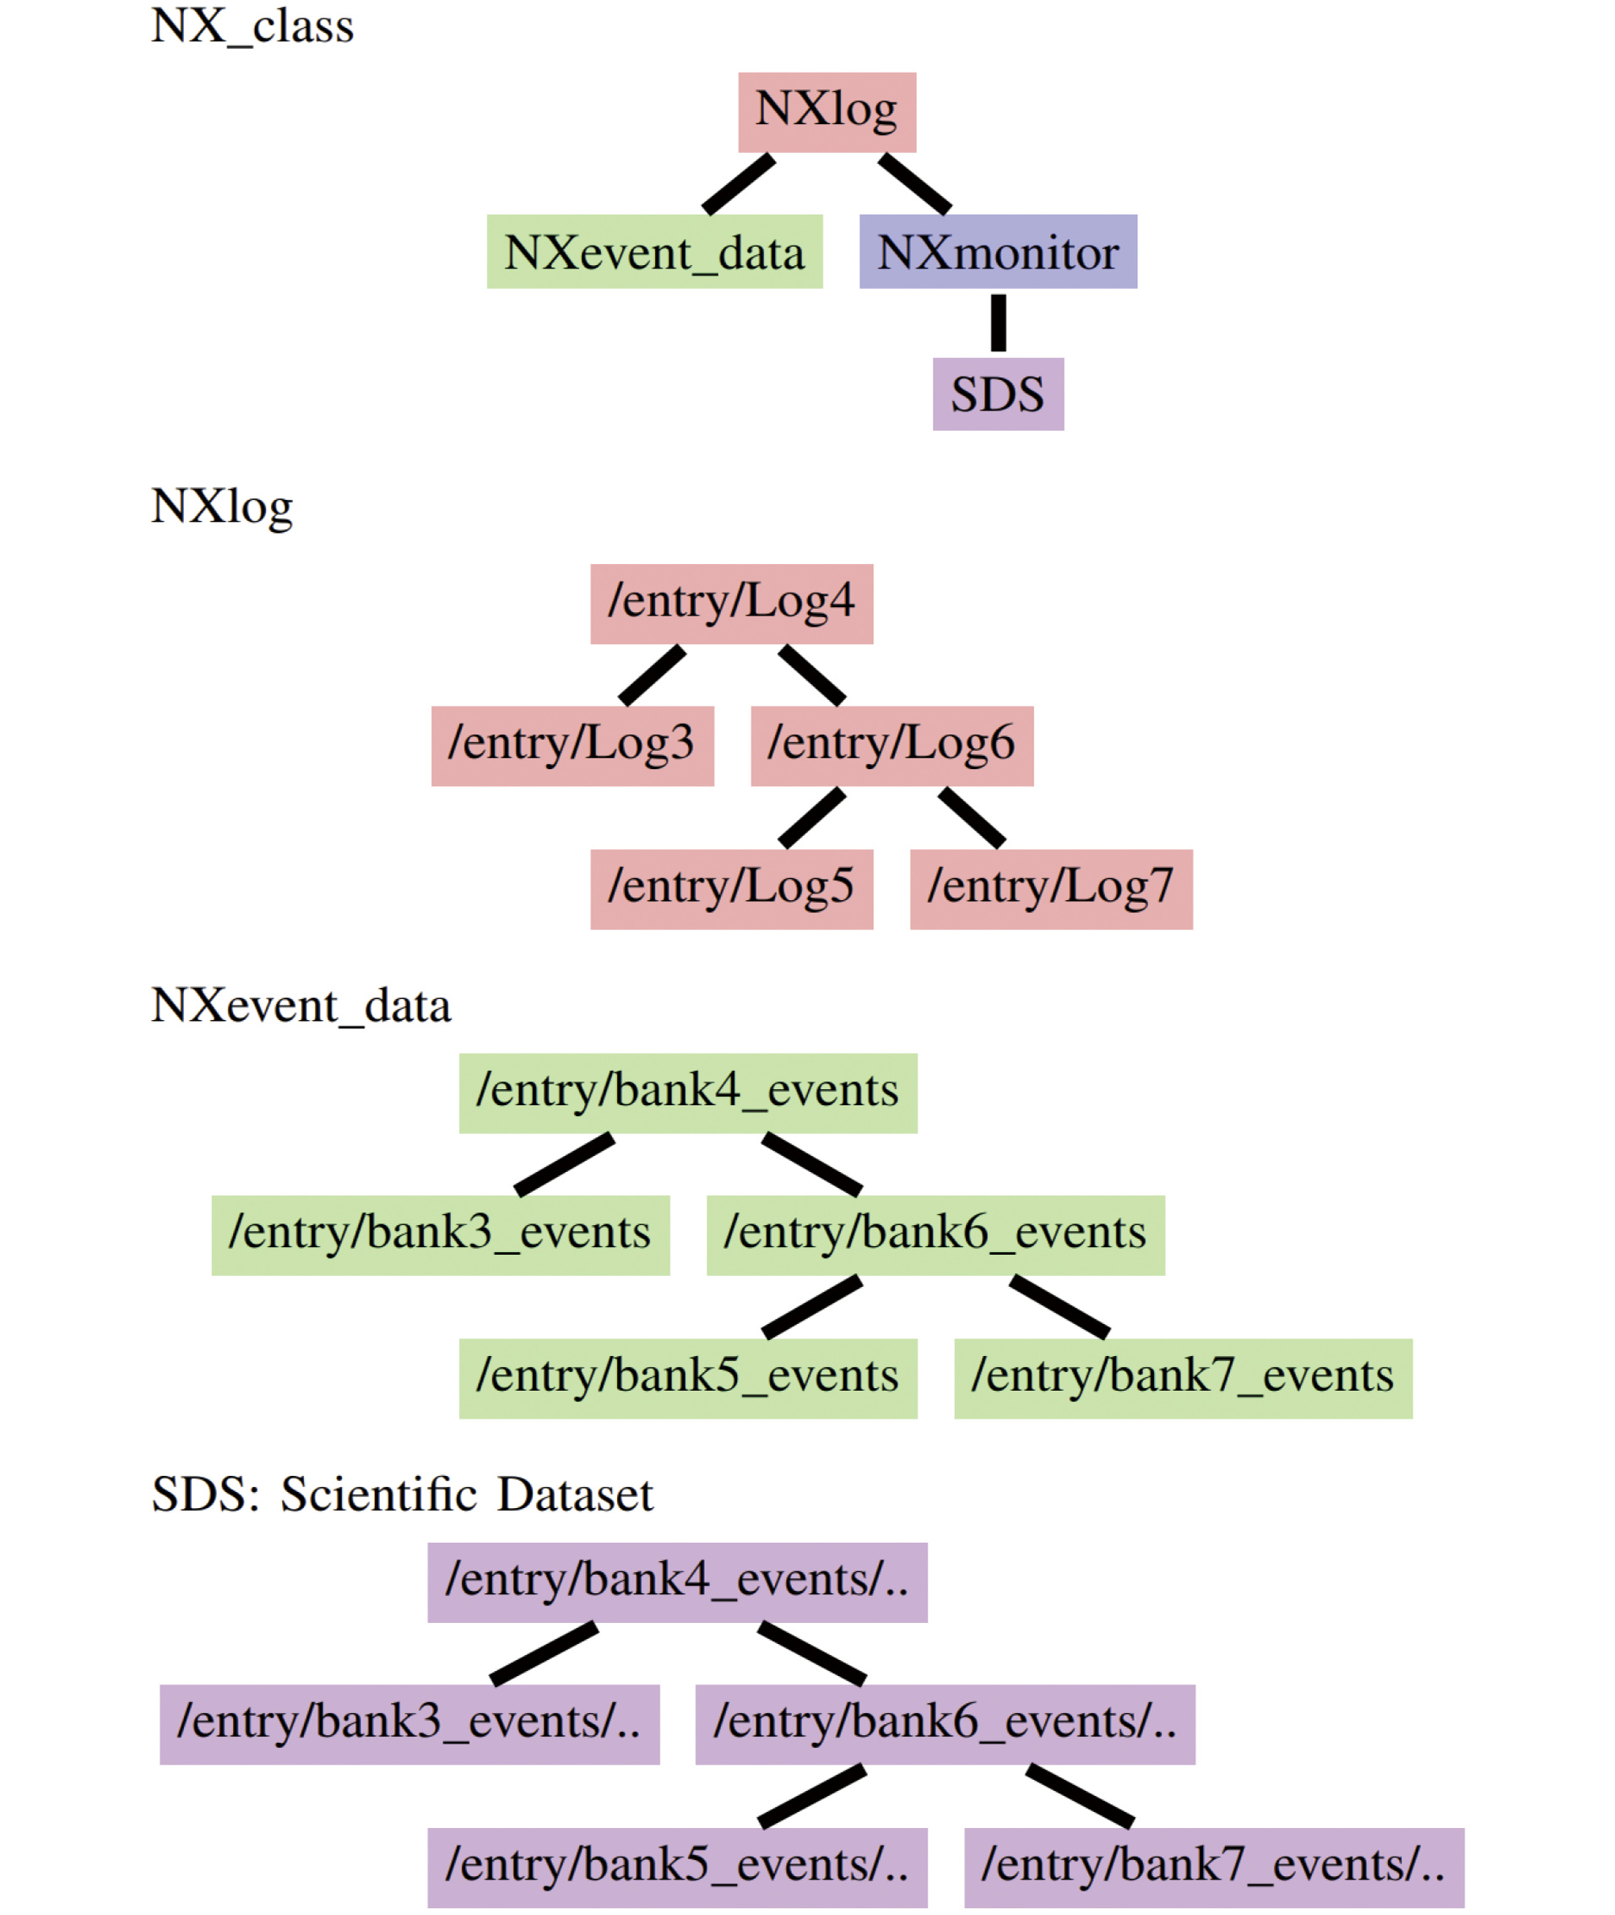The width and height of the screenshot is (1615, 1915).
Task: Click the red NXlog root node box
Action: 826,111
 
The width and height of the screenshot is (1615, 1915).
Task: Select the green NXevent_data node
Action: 653,252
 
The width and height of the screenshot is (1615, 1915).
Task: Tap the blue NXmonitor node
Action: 998,252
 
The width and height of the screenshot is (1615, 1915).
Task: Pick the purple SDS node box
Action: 998,393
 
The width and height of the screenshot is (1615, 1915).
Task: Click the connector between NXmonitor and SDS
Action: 998,323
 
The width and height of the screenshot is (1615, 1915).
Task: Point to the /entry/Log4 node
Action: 731,604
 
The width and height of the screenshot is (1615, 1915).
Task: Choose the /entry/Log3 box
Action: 572,746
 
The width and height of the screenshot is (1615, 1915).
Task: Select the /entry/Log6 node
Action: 892,746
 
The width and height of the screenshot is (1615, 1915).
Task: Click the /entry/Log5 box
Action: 731,889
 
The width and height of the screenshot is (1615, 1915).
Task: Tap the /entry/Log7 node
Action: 1051,889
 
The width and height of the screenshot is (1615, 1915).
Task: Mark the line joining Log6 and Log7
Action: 973,817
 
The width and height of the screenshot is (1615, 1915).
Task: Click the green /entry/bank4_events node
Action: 687,1093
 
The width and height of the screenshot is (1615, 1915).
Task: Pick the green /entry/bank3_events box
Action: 441,1234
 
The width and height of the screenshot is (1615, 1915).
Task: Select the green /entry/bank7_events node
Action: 1183,1378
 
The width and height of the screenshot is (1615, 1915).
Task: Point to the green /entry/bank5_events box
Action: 687,1378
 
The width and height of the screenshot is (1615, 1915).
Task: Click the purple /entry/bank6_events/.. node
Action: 945,1723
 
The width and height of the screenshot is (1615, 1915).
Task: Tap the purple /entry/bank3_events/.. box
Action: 409,1723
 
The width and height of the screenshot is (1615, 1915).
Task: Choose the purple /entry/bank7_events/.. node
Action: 1214,1868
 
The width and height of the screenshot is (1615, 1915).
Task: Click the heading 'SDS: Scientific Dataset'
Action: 402,1494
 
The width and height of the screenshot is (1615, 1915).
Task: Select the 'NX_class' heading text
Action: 252,25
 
